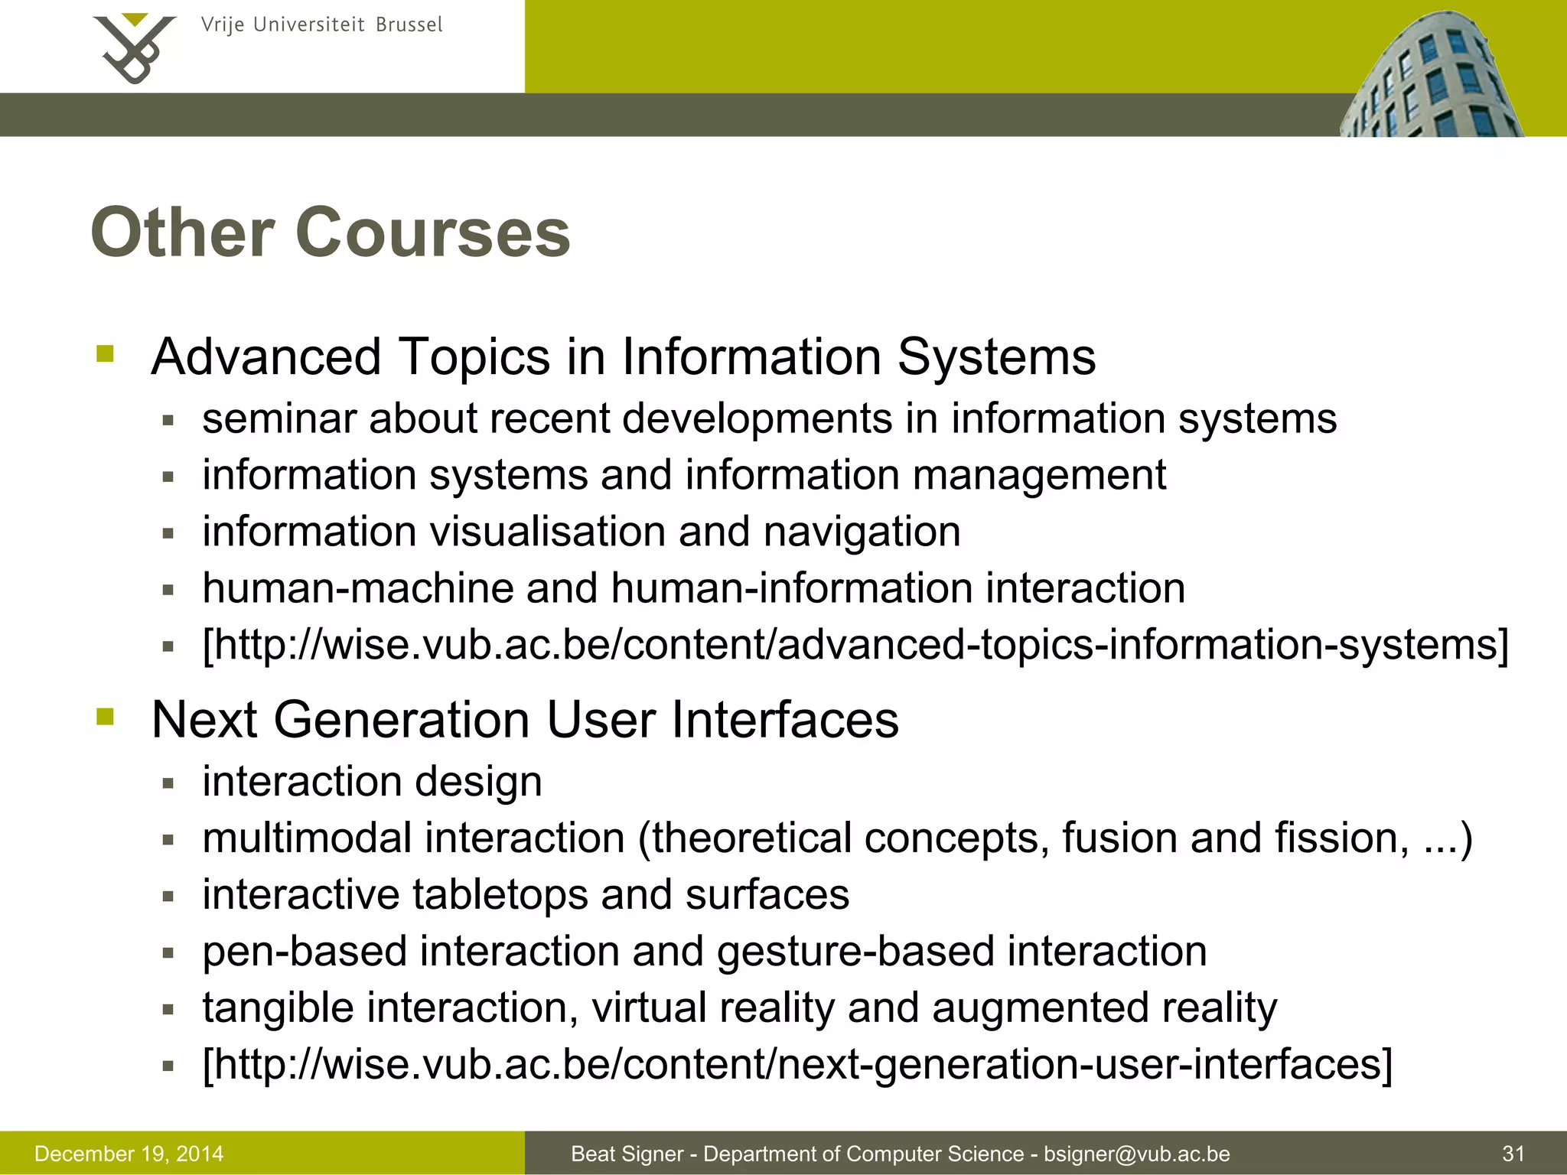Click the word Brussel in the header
click(x=409, y=25)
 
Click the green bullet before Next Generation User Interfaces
click(x=105, y=717)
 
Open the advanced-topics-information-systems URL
click(x=855, y=645)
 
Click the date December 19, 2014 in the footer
click(x=129, y=1154)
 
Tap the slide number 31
click(x=1513, y=1154)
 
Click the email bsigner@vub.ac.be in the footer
click(x=1137, y=1154)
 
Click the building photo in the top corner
click(x=1432, y=76)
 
